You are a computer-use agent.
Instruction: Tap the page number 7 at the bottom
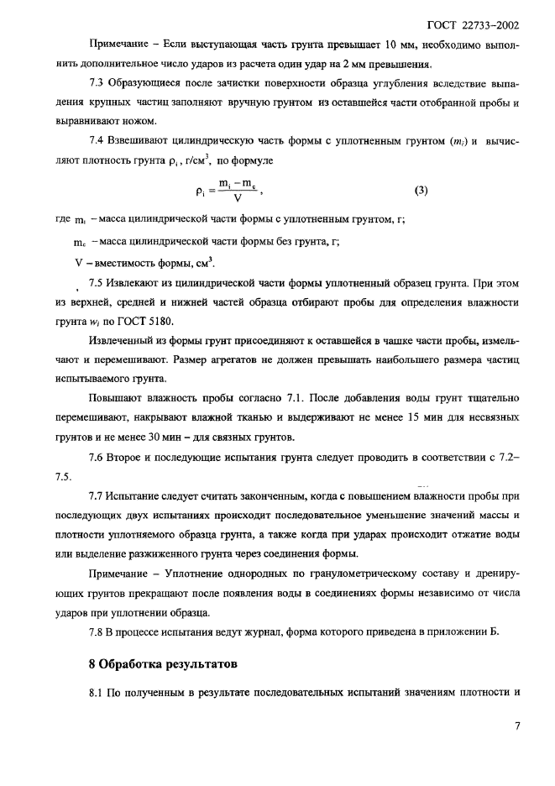coord(518,726)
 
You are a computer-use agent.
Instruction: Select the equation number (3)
coord(421,191)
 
